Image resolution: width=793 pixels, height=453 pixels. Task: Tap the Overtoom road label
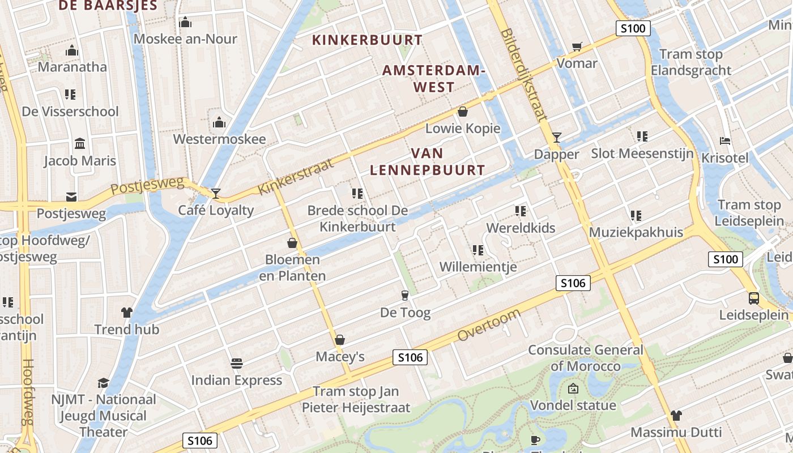(489, 326)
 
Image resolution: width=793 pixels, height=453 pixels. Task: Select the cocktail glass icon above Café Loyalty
(215, 194)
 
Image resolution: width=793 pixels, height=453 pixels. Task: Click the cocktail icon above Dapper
(557, 137)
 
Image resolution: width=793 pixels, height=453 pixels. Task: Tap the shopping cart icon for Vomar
(577, 46)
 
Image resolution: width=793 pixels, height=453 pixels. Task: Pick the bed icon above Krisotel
(724, 141)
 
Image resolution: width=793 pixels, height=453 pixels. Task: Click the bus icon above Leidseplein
(754, 298)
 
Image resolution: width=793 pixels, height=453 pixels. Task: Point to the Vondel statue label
(573, 405)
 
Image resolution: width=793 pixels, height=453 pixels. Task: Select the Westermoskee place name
(219, 139)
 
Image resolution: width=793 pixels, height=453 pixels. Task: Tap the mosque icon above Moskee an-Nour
(185, 23)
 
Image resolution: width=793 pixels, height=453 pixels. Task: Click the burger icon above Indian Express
(237, 363)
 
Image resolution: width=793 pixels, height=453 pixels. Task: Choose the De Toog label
(405, 313)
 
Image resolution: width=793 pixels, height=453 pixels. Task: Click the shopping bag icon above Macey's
(340, 340)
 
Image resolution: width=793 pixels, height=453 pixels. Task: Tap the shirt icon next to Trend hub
(126, 312)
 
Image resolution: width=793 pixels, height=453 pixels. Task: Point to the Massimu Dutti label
(676, 432)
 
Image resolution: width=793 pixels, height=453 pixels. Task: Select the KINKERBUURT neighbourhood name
(368, 40)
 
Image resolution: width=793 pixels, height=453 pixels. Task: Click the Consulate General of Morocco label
(586, 358)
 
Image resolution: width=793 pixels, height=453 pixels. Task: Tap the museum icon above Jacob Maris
(80, 143)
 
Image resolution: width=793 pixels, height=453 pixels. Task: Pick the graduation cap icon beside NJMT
(103, 383)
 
